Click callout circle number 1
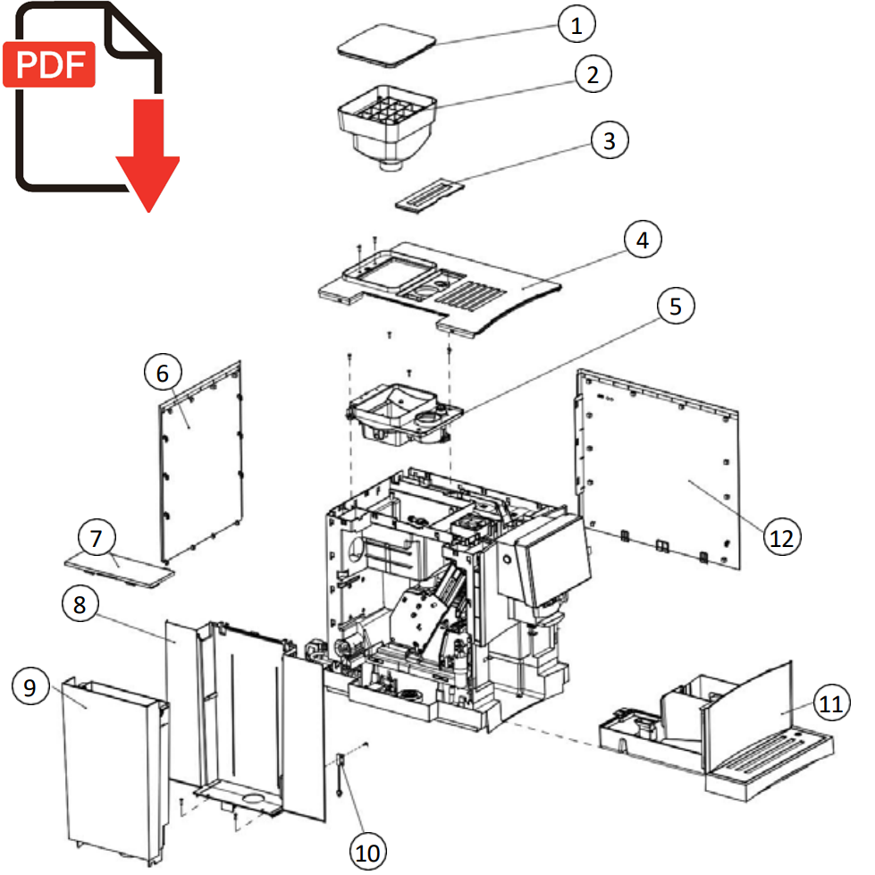click(576, 25)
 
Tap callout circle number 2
click(593, 74)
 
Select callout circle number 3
click(610, 140)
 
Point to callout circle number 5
click(676, 306)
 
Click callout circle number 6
click(162, 374)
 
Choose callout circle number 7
click(97, 539)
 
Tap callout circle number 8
click(80, 605)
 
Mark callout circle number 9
click(30, 687)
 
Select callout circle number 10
click(366, 851)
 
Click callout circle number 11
click(831, 704)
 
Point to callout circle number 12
click(782, 537)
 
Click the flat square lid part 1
click(387, 44)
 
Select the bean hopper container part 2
click(386, 125)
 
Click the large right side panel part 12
click(661, 465)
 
